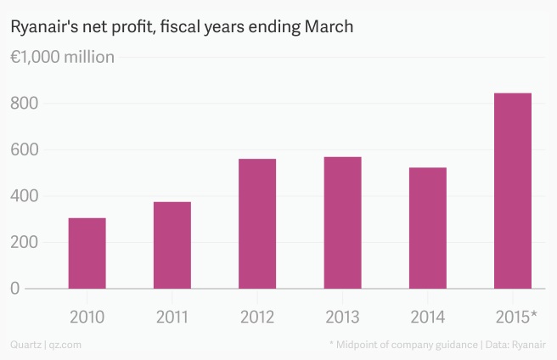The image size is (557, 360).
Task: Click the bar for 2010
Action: coord(87,253)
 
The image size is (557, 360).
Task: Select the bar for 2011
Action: coord(172,245)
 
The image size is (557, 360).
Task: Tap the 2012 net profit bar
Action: coord(257,223)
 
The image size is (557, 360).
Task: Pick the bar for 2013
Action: coord(342,222)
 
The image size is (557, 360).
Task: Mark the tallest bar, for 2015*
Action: coord(513,190)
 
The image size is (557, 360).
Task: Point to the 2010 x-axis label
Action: coord(87,318)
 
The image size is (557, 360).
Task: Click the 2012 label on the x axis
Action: coord(257,318)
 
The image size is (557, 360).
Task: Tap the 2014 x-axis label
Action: coord(427,318)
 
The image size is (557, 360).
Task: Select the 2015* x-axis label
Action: coord(515,318)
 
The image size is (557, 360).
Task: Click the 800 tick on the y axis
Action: coord(25,104)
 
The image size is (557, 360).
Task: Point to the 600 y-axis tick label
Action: coord(25,150)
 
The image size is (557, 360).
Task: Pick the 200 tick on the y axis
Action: coord(25,242)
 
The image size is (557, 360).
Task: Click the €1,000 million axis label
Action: coord(62,58)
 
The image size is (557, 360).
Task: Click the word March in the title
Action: coord(330,27)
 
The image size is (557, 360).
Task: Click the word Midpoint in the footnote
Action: coord(359,345)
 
